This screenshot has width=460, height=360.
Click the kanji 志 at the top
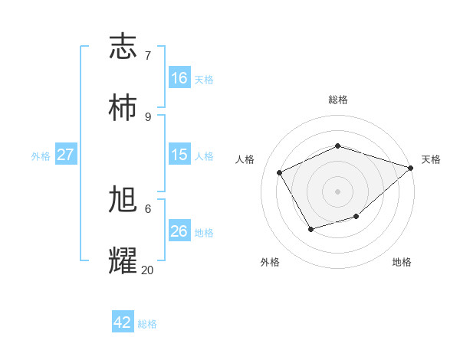pos(123,47)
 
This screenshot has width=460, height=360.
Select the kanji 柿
pos(123,108)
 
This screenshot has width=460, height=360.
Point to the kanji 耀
pos(123,261)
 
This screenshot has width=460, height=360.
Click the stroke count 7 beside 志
pos(148,55)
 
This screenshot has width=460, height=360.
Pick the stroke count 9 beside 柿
pos(148,116)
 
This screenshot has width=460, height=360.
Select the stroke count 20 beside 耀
pos(148,270)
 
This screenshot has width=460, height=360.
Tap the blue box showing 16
pos(179,77)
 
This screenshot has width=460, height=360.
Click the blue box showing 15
pos(179,155)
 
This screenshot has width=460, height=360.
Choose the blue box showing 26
pos(179,231)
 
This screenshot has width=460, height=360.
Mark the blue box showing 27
pos(65,155)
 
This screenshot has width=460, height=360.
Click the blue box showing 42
pos(123,322)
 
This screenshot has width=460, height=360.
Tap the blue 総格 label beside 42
pos(147,324)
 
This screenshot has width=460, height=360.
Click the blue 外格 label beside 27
pos(41,156)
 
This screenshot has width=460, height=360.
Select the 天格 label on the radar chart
pos(432,159)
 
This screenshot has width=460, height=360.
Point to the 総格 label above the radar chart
pos(338,100)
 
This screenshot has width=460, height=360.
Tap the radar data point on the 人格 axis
pos(280,173)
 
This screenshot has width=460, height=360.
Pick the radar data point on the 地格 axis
pos(356,217)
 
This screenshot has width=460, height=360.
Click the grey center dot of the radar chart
pos(338,191)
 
